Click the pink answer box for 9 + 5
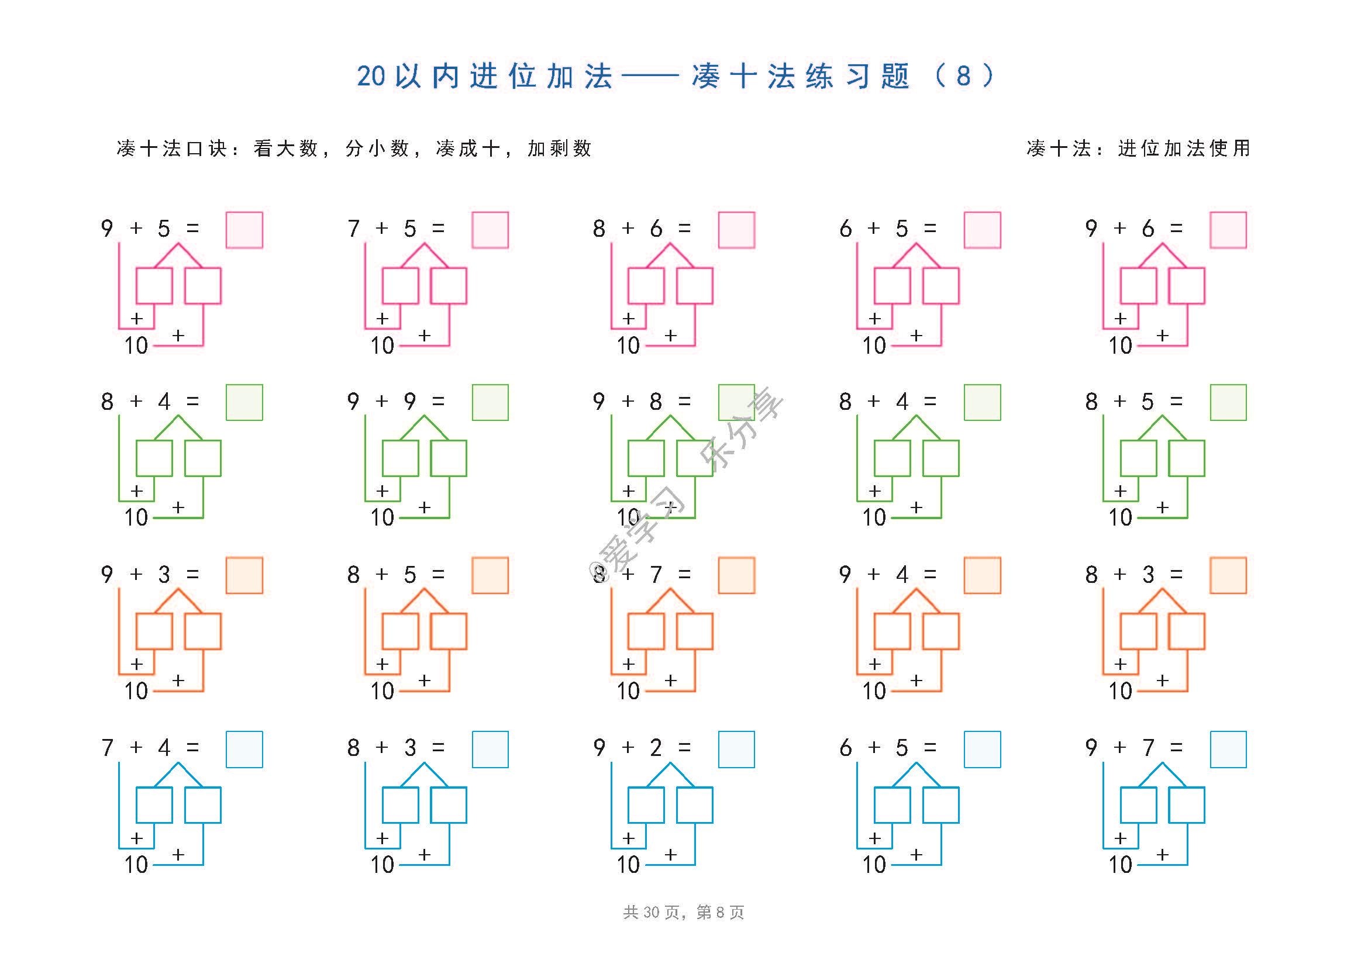pyautogui.click(x=244, y=230)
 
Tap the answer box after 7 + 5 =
pyautogui.click(x=490, y=230)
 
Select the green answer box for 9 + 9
pyautogui.click(x=490, y=402)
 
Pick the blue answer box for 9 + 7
pyautogui.click(x=1229, y=750)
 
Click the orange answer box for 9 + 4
pyautogui.click(x=983, y=576)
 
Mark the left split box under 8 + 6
pyautogui.click(x=646, y=286)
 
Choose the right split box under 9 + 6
pyautogui.click(x=1187, y=286)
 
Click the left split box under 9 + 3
pyautogui.click(x=154, y=631)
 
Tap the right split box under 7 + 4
pyautogui.click(x=203, y=805)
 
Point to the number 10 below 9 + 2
pyautogui.click(x=628, y=865)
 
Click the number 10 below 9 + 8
pyautogui.click(x=628, y=517)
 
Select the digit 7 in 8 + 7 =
pyautogui.click(x=656, y=575)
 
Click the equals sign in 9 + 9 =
pyautogui.click(x=439, y=402)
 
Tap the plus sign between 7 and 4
pyautogui.click(x=136, y=747)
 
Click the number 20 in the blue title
pyautogui.click(x=371, y=76)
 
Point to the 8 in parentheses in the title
pyautogui.click(x=963, y=76)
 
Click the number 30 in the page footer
pyautogui.click(x=651, y=913)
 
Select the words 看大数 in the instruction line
pyautogui.click(x=286, y=148)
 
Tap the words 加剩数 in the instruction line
pyautogui.click(x=560, y=148)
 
